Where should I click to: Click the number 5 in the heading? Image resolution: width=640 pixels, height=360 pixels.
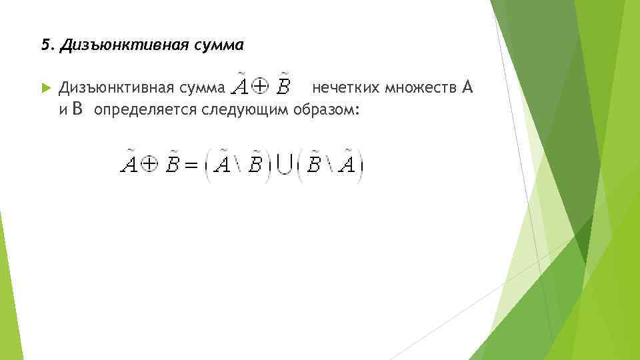45,46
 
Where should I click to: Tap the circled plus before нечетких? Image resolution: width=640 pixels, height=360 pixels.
262,87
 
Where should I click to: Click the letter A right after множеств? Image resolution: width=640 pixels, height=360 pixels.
467,87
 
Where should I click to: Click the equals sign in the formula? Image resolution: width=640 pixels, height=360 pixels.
192,165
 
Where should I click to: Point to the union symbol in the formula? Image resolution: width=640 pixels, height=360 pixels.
285,164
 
